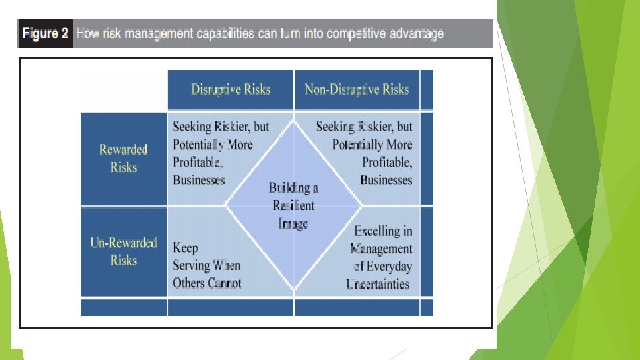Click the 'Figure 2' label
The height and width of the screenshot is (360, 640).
(45, 34)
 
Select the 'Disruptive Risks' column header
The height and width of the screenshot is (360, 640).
(231, 89)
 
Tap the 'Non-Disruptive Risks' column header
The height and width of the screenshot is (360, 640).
(357, 89)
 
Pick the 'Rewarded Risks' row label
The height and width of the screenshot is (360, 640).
(123, 158)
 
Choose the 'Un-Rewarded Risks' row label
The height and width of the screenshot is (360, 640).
(123, 251)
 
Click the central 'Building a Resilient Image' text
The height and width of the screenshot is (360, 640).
(293, 205)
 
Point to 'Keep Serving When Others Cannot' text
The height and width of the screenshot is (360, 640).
(207, 265)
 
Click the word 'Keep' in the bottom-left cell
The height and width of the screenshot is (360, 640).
(185, 248)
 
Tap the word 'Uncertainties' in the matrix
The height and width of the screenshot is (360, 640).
(377, 284)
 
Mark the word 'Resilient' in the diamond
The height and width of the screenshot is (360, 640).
(293, 205)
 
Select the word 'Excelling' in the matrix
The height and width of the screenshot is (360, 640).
(383, 231)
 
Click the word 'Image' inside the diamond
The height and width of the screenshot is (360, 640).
(293, 223)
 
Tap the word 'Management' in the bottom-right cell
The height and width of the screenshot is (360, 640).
(381, 249)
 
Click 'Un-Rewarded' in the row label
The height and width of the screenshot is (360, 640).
(123, 243)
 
